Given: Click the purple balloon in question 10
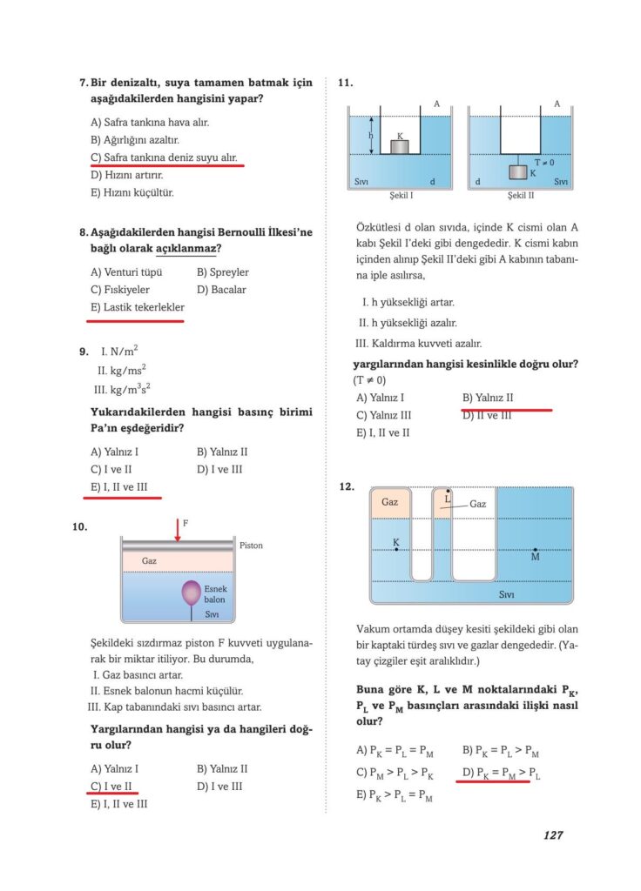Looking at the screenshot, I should pos(191,593).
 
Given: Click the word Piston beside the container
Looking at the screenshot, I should pos(251,546).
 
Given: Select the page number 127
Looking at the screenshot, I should pos(551,834).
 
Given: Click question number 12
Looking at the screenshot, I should pos(347,487).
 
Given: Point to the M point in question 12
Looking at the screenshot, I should pos(535,551).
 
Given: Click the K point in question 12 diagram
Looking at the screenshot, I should pos(396,550).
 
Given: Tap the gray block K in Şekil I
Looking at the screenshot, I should pos(399,147).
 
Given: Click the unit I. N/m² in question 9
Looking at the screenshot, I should pos(120,352).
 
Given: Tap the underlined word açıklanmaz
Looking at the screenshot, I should pos(187,250).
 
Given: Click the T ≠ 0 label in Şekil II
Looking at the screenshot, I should pos(544,163).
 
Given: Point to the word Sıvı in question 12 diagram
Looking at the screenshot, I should pos(506,595).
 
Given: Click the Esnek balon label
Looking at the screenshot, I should pos(215,594).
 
